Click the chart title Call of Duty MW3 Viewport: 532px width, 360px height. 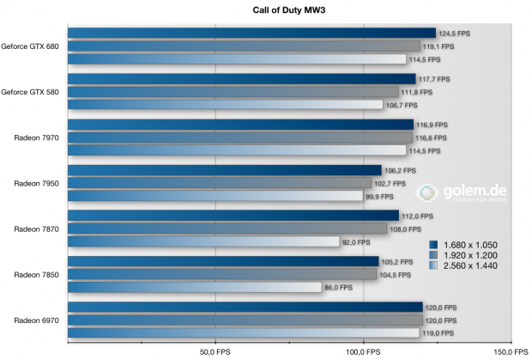click(x=265, y=9)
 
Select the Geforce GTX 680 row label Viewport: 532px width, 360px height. click(x=30, y=46)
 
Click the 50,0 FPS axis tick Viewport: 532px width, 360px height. click(x=214, y=351)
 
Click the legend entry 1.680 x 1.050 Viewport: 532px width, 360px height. click(x=472, y=244)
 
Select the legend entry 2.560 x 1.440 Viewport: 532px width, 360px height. click(x=472, y=268)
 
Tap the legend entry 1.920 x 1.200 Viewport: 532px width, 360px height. click(x=472, y=256)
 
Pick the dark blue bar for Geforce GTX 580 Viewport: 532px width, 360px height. click(x=241, y=79)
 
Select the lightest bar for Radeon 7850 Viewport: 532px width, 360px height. click(x=206, y=287)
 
